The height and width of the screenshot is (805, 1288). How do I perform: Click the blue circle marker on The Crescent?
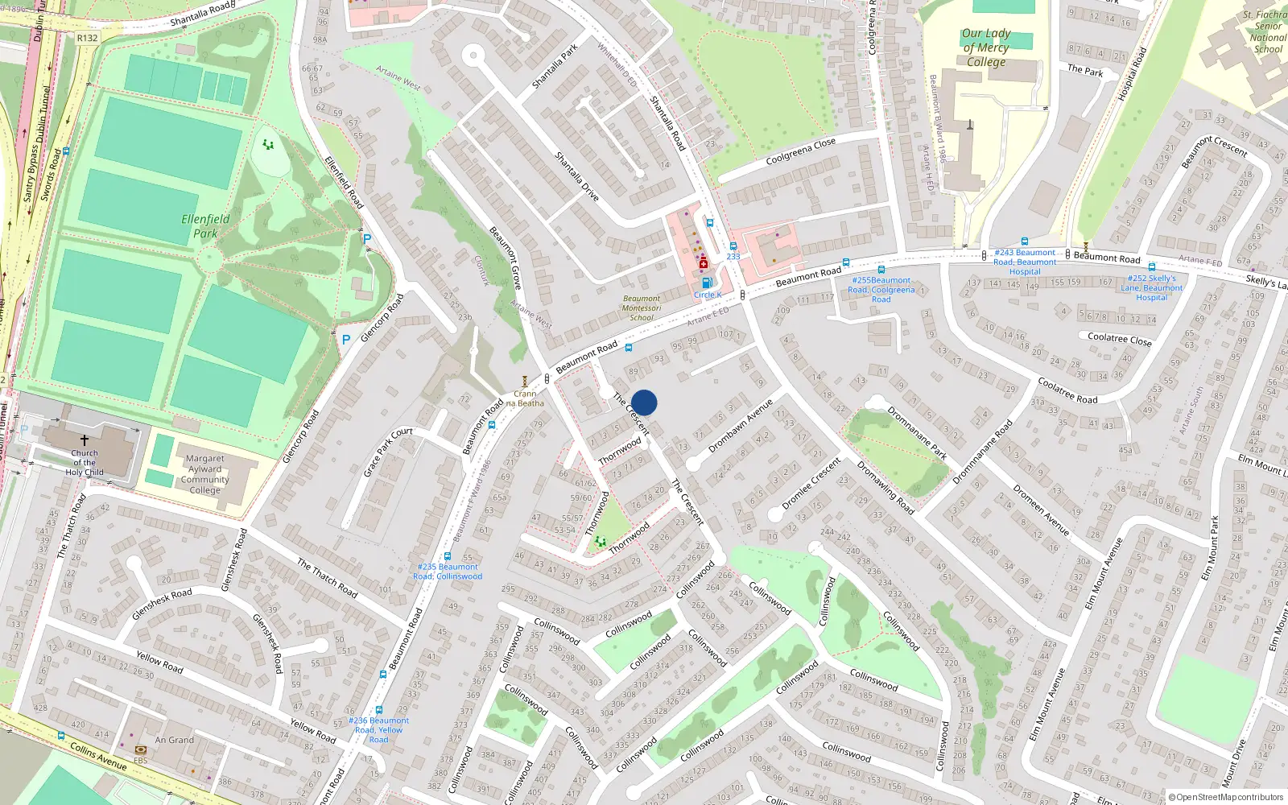pos(644,402)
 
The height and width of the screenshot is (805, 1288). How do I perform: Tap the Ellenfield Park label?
pos(205,225)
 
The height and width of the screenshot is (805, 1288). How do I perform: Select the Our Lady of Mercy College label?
pos(986,47)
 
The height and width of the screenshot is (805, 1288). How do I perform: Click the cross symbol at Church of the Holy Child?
pos(84,440)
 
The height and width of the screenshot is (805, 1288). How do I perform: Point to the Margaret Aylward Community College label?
pos(204,474)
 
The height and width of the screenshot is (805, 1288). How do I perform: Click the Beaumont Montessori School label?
pos(642,308)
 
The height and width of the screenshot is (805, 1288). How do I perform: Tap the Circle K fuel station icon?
pos(706,283)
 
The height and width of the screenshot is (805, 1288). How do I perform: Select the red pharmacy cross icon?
pos(704,264)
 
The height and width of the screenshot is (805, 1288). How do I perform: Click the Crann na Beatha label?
pos(525,398)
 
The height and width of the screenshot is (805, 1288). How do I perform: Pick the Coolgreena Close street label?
pos(800,151)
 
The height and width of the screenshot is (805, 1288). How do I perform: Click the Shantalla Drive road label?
pos(577,176)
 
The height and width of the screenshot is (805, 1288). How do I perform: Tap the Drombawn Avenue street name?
pos(740,425)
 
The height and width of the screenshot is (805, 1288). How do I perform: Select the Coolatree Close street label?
pos(1119,339)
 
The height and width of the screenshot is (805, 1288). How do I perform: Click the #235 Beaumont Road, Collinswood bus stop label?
pos(448,572)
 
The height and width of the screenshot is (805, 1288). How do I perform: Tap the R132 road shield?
pos(87,38)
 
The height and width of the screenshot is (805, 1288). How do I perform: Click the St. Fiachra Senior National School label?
pos(1266,31)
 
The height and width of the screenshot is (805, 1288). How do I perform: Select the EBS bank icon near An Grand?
pos(141,749)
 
